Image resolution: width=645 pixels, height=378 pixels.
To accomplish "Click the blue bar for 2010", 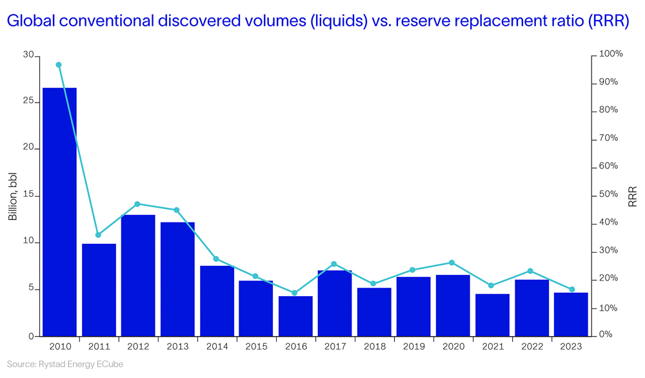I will point(59,212).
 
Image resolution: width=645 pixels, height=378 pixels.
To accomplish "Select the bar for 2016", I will point(295,316).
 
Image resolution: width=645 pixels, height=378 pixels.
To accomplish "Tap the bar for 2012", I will point(138,275).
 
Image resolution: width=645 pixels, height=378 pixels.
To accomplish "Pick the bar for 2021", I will point(492,315).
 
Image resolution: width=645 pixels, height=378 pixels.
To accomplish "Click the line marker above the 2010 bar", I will point(59,65).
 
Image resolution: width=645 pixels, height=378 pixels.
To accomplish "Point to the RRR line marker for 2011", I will point(98,235).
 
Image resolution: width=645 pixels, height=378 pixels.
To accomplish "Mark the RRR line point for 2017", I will point(334,264).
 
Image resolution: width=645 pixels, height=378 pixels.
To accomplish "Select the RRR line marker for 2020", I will point(452,263).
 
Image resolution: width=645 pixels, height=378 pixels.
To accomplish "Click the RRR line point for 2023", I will point(571,290).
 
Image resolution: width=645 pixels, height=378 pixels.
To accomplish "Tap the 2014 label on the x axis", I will point(217,346).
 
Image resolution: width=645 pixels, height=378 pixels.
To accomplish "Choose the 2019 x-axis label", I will point(413,346).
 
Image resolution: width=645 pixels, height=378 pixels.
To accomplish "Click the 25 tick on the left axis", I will point(28,102).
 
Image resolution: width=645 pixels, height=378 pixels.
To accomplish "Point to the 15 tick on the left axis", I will point(28,196).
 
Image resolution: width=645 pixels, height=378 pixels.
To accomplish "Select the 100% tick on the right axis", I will point(611,54).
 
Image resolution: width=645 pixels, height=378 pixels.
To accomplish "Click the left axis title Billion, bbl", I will point(13,196).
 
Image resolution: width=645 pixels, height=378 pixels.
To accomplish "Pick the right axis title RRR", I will point(633,196).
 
